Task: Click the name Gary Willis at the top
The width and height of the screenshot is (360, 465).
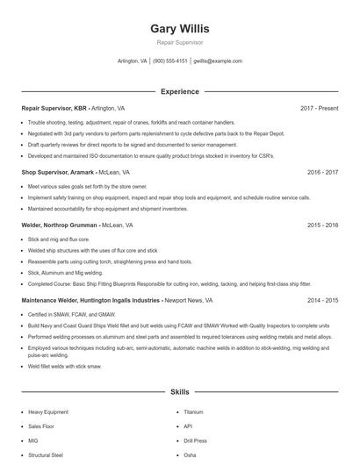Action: click(180, 29)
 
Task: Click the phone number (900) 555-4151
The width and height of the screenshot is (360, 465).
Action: click(170, 61)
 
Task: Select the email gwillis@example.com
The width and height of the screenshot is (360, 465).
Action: click(218, 61)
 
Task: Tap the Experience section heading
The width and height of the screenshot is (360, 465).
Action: click(180, 91)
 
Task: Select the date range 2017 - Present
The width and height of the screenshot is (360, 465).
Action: click(319, 108)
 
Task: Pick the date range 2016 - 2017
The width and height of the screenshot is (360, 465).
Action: click(322, 173)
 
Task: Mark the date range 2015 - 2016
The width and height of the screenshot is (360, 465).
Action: click(322, 225)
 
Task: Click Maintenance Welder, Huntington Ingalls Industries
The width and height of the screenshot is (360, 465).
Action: click(90, 300)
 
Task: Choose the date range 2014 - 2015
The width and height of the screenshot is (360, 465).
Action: click(322, 300)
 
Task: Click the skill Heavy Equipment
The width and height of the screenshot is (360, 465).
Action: click(47, 411)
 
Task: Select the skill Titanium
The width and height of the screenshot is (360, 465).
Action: click(193, 411)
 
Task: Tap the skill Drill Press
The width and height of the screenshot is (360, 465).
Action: click(196, 440)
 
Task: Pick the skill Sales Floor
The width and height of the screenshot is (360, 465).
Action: click(41, 426)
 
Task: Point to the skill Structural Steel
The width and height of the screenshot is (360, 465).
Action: click(46, 455)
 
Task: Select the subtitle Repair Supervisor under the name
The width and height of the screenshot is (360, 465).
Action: click(180, 42)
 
